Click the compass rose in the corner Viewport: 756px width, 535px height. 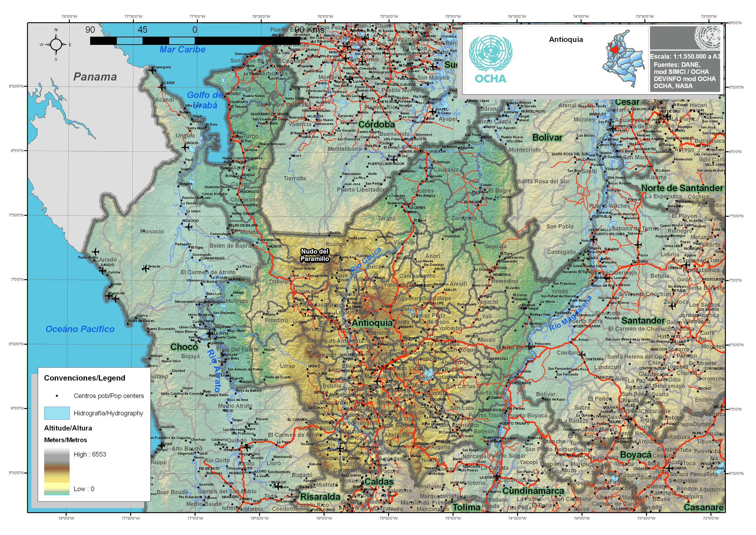coord(56,45)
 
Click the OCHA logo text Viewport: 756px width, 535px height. coord(490,79)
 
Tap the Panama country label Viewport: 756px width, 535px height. coord(95,77)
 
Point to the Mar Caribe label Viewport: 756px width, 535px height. coord(182,50)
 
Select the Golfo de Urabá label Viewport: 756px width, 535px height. coord(205,100)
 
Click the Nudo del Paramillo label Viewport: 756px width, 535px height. coord(315,255)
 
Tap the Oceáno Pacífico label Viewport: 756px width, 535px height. coord(80,329)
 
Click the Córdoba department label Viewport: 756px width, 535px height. coord(376,124)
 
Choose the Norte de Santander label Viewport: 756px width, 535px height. coord(682,188)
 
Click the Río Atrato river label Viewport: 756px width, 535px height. coord(214,370)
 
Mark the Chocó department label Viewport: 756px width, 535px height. coord(184,347)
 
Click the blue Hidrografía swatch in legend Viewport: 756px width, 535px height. coord(57,413)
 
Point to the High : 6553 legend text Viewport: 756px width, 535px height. coord(90,454)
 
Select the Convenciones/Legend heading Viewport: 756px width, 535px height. coord(85,378)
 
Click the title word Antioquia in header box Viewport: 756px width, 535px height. coord(566,40)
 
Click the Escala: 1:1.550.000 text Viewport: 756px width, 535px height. coord(685,57)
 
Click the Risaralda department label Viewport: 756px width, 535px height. coord(320,497)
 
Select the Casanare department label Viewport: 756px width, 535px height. coord(703,507)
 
